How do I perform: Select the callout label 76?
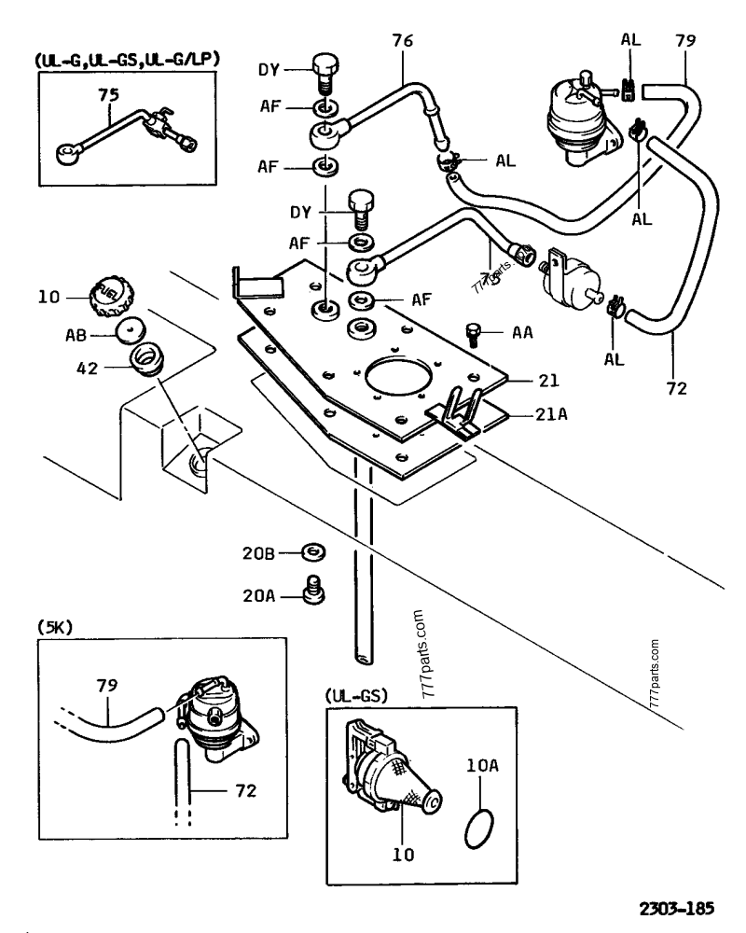403,42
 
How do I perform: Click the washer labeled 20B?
315,553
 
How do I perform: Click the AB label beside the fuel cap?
80,331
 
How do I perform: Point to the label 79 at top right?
685,42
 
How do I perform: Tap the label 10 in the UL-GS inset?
402,853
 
